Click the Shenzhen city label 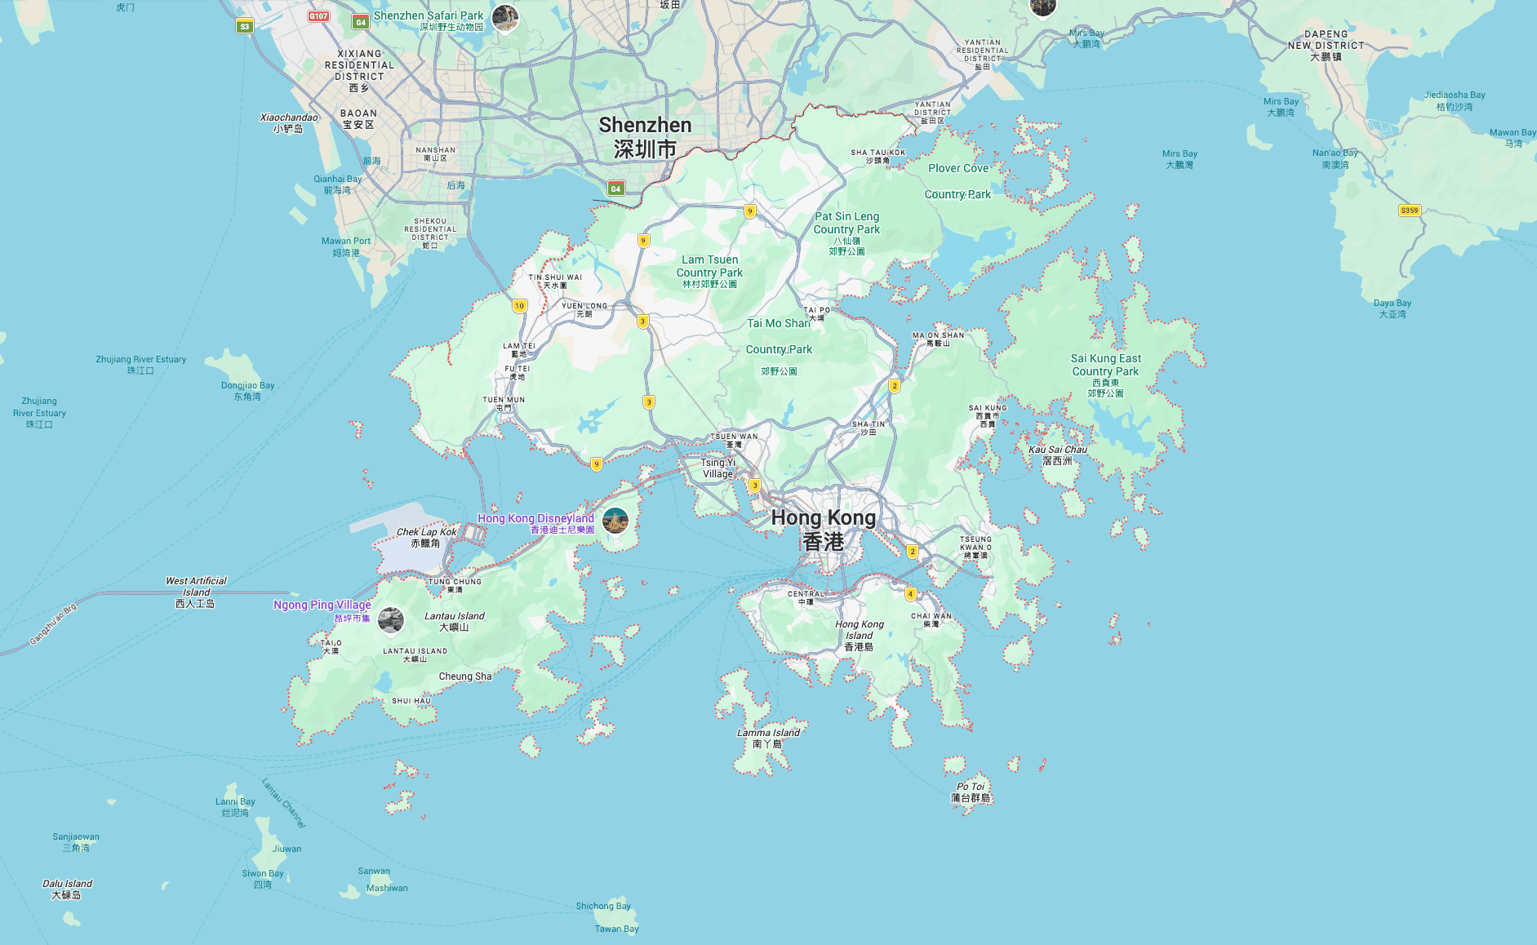(x=645, y=136)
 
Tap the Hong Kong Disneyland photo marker (x=615, y=520)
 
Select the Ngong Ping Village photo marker (x=391, y=620)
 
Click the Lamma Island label (x=768, y=738)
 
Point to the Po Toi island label (x=971, y=792)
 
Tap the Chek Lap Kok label (x=426, y=537)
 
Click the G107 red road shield (x=318, y=16)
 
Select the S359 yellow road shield (x=1410, y=211)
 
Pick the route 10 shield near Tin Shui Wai (x=520, y=305)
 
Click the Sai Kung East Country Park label (x=1106, y=375)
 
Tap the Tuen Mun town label (x=504, y=403)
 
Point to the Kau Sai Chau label (x=1058, y=455)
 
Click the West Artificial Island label (x=196, y=592)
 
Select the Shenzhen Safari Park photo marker (x=505, y=16)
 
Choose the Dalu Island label (x=67, y=889)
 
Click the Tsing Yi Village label (x=718, y=468)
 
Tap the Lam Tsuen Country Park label (x=709, y=271)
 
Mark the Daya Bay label (x=1393, y=308)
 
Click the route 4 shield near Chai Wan (x=910, y=593)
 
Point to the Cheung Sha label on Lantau (x=464, y=677)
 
